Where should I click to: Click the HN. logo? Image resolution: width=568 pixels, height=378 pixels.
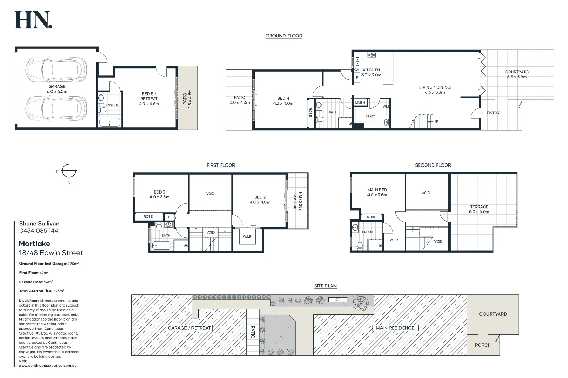point(33,20)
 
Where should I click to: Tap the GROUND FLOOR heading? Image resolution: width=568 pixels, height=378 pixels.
point(284,36)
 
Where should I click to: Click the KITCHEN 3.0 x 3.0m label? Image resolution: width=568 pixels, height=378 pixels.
point(371,72)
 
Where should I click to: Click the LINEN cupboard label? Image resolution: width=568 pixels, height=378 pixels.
point(360,103)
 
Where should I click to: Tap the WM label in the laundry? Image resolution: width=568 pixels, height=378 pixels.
point(385,107)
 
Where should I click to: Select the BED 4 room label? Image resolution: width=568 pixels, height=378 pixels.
point(283,101)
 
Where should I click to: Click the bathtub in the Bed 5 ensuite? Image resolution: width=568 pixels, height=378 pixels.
point(110,122)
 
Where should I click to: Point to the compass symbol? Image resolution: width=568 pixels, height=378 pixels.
point(69,171)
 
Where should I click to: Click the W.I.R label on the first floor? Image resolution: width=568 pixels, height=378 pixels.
point(247,237)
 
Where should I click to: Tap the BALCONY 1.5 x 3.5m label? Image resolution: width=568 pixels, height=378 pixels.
point(298,201)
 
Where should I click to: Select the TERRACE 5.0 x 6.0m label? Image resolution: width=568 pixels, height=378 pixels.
point(479,209)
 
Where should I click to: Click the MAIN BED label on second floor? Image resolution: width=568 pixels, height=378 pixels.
point(377,192)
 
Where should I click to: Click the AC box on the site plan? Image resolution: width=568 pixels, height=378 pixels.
point(338,300)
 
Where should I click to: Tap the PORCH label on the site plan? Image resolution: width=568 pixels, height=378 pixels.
point(483,345)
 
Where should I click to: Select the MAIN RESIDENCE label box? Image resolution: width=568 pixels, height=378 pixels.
point(395,328)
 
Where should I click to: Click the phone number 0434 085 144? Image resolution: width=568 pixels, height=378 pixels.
point(39,231)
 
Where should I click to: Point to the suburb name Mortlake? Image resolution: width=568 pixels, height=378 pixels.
point(34,244)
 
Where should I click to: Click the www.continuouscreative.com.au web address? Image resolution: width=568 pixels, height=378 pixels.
point(48,366)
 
